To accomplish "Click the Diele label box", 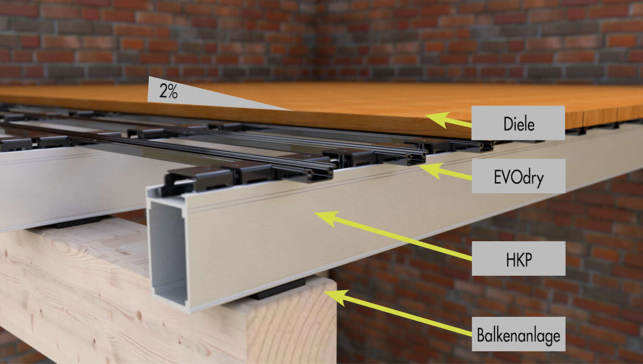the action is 518,123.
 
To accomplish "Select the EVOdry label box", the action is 519,176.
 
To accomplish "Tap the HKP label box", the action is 519,259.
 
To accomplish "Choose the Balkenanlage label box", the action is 519,334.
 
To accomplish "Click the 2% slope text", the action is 169,91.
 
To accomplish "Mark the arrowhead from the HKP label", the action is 327,218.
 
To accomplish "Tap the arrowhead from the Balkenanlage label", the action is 336,296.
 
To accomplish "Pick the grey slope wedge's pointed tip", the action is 293,110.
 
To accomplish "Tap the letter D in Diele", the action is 508,124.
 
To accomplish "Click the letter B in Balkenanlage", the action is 481,335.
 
